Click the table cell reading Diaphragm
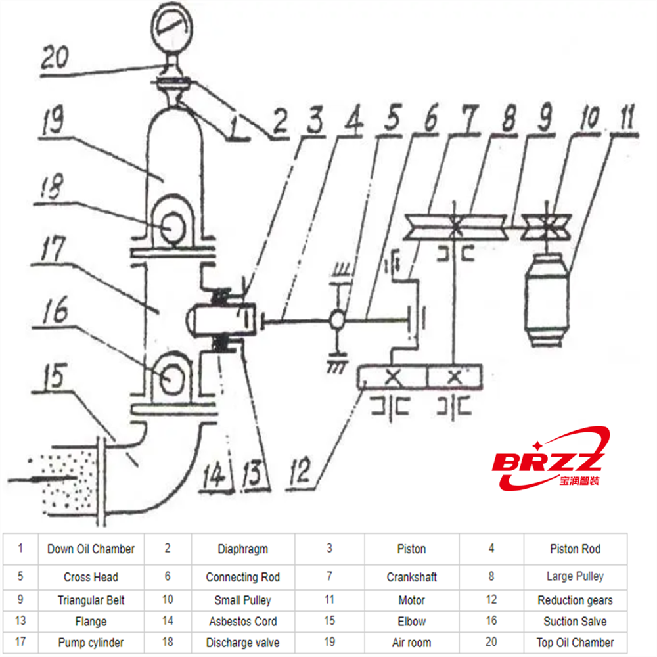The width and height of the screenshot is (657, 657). tap(242, 549)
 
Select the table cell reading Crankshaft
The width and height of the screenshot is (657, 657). tap(411, 578)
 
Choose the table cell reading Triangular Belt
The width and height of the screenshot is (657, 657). tap(91, 600)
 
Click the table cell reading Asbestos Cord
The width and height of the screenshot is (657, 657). tap(242, 622)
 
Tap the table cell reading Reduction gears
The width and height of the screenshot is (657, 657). tap(575, 600)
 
